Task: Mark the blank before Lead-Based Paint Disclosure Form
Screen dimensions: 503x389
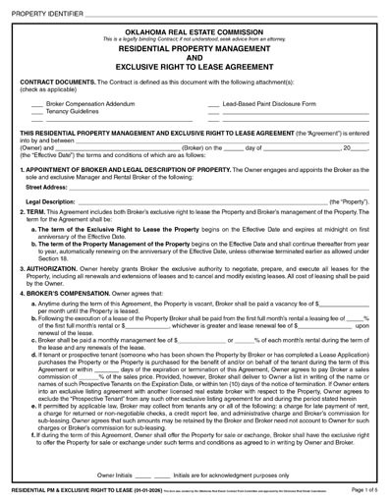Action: click(214, 103)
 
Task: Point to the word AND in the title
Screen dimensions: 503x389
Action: click(194, 57)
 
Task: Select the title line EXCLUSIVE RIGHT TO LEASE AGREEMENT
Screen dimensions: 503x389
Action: click(194, 68)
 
